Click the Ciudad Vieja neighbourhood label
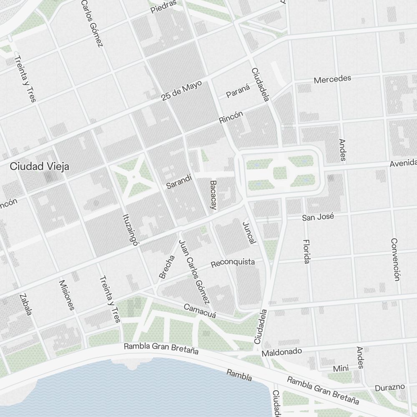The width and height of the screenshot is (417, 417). [x=40, y=166]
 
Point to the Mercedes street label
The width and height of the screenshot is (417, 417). [x=332, y=79]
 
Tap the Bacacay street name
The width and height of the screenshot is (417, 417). [x=214, y=195]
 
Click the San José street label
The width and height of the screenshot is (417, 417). [x=318, y=217]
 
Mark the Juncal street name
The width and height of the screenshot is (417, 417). [x=249, y=233]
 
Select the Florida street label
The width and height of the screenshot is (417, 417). [x=306, y=251]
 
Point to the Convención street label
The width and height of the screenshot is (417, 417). [x=395, y=259]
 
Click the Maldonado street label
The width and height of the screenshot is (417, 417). [x=281, y=352]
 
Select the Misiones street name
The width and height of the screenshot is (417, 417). [x=67, y=295]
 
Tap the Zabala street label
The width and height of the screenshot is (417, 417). [x=25, y=304]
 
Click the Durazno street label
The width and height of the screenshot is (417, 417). [x=389, y=387]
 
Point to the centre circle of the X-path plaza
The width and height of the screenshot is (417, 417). [x=133, y=177]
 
